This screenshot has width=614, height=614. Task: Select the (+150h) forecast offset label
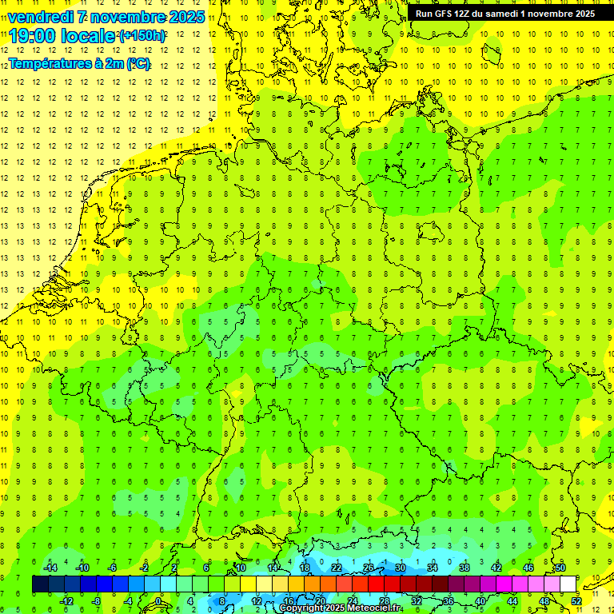click(x=142, y=36)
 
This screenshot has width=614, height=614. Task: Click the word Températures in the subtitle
click(x=49, y=64)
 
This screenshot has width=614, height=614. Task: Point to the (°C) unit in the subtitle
click(x=138, y=64)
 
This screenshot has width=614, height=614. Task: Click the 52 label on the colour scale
click(x=576, y=601)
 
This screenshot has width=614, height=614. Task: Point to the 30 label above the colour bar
click(x=401, y=568)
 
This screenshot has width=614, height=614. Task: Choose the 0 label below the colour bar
click(x=157, y=601)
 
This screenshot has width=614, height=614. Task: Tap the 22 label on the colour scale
click(x=337, y=568)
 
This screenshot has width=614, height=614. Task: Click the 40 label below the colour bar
click(x=480, y=601)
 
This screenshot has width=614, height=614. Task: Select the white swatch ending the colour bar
click(x=568, y=584)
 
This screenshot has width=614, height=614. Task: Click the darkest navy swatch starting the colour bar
click(x=41, y=584)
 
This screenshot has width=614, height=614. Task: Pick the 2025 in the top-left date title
click(x=183, y=17)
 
